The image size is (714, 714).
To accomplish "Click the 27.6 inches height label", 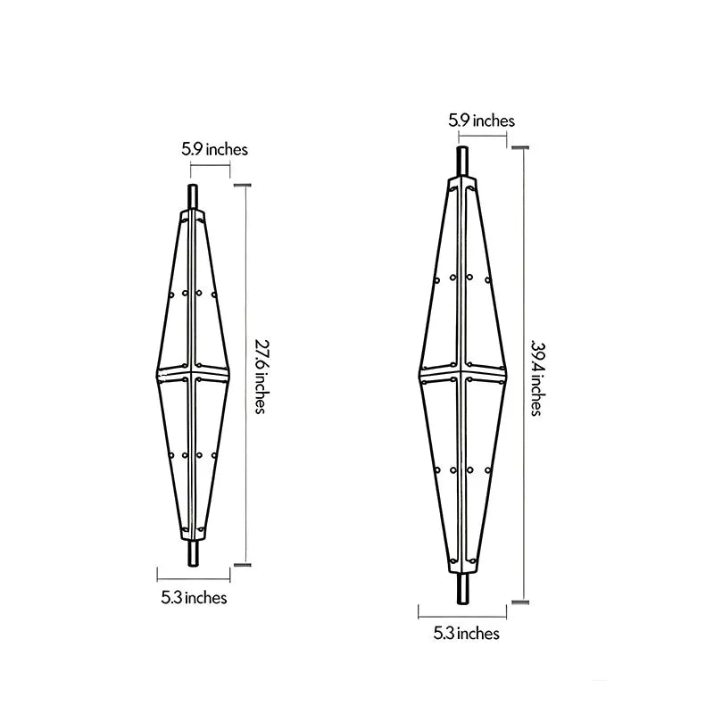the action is [260, 377].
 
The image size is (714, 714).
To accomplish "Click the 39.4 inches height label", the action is [537, 378].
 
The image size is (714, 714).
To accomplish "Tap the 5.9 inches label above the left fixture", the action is [214, 149].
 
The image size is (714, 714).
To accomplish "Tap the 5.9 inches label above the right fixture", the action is [481, 120].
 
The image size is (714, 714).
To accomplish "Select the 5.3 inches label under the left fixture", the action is [194, 597].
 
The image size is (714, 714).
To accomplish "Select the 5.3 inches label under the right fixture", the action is [466, 634].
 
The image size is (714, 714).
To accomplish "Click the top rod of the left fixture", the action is [193, 197].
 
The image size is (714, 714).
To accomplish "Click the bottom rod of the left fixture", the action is [193, 553].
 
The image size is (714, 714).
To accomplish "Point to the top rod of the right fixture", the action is [462, 161].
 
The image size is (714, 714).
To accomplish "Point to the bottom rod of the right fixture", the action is [462, 588].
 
